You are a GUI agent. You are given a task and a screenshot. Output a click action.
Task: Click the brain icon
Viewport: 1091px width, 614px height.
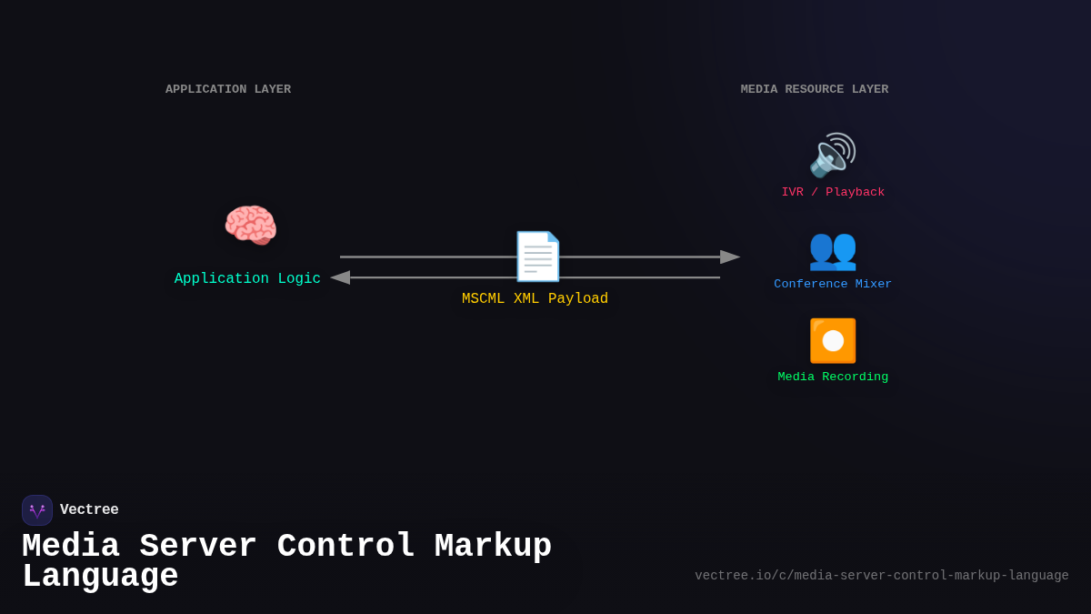point(250,226)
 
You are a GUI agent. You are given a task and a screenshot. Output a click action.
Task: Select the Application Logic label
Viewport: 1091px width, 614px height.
point(247,279)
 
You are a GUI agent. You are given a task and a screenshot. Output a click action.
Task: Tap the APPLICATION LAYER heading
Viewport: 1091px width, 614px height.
point(228,89)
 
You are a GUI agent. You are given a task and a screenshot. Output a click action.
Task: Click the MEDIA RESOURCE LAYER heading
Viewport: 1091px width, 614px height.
point(814,89)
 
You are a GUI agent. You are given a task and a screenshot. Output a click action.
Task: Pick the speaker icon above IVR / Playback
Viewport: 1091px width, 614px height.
point(832,156)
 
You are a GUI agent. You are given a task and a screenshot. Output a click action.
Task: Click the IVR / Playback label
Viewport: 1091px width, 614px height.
point(833,193)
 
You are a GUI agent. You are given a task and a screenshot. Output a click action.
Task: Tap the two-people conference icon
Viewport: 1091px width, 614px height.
point(832,249)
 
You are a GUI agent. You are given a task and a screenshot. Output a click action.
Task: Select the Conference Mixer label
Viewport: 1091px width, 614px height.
point(833,285)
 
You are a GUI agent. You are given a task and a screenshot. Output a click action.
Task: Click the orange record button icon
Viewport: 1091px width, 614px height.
point(832,341)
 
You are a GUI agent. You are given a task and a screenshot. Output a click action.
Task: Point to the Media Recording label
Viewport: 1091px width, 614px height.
point(833,377)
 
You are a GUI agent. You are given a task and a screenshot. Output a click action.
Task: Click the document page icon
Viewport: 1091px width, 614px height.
point(536,257)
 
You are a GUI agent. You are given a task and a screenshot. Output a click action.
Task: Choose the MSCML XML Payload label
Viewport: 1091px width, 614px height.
point(535,299)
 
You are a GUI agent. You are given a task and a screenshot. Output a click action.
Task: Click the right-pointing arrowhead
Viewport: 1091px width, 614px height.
point(730,257)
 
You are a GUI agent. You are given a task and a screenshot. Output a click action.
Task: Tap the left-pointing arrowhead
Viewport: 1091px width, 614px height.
point(340,277)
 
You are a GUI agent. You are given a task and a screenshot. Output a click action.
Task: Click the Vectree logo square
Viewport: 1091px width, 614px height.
point(37,510)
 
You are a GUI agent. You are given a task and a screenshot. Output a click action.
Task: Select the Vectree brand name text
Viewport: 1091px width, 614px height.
point(89,510)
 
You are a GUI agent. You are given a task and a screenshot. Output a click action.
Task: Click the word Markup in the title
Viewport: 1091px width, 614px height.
point(493,547)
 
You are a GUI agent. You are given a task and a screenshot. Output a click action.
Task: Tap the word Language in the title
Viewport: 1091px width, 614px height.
point(100,578)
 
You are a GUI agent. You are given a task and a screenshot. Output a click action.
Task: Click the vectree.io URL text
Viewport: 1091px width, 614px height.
point(882,576)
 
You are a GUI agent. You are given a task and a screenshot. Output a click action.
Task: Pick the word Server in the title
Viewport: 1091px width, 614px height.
point(197,547)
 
